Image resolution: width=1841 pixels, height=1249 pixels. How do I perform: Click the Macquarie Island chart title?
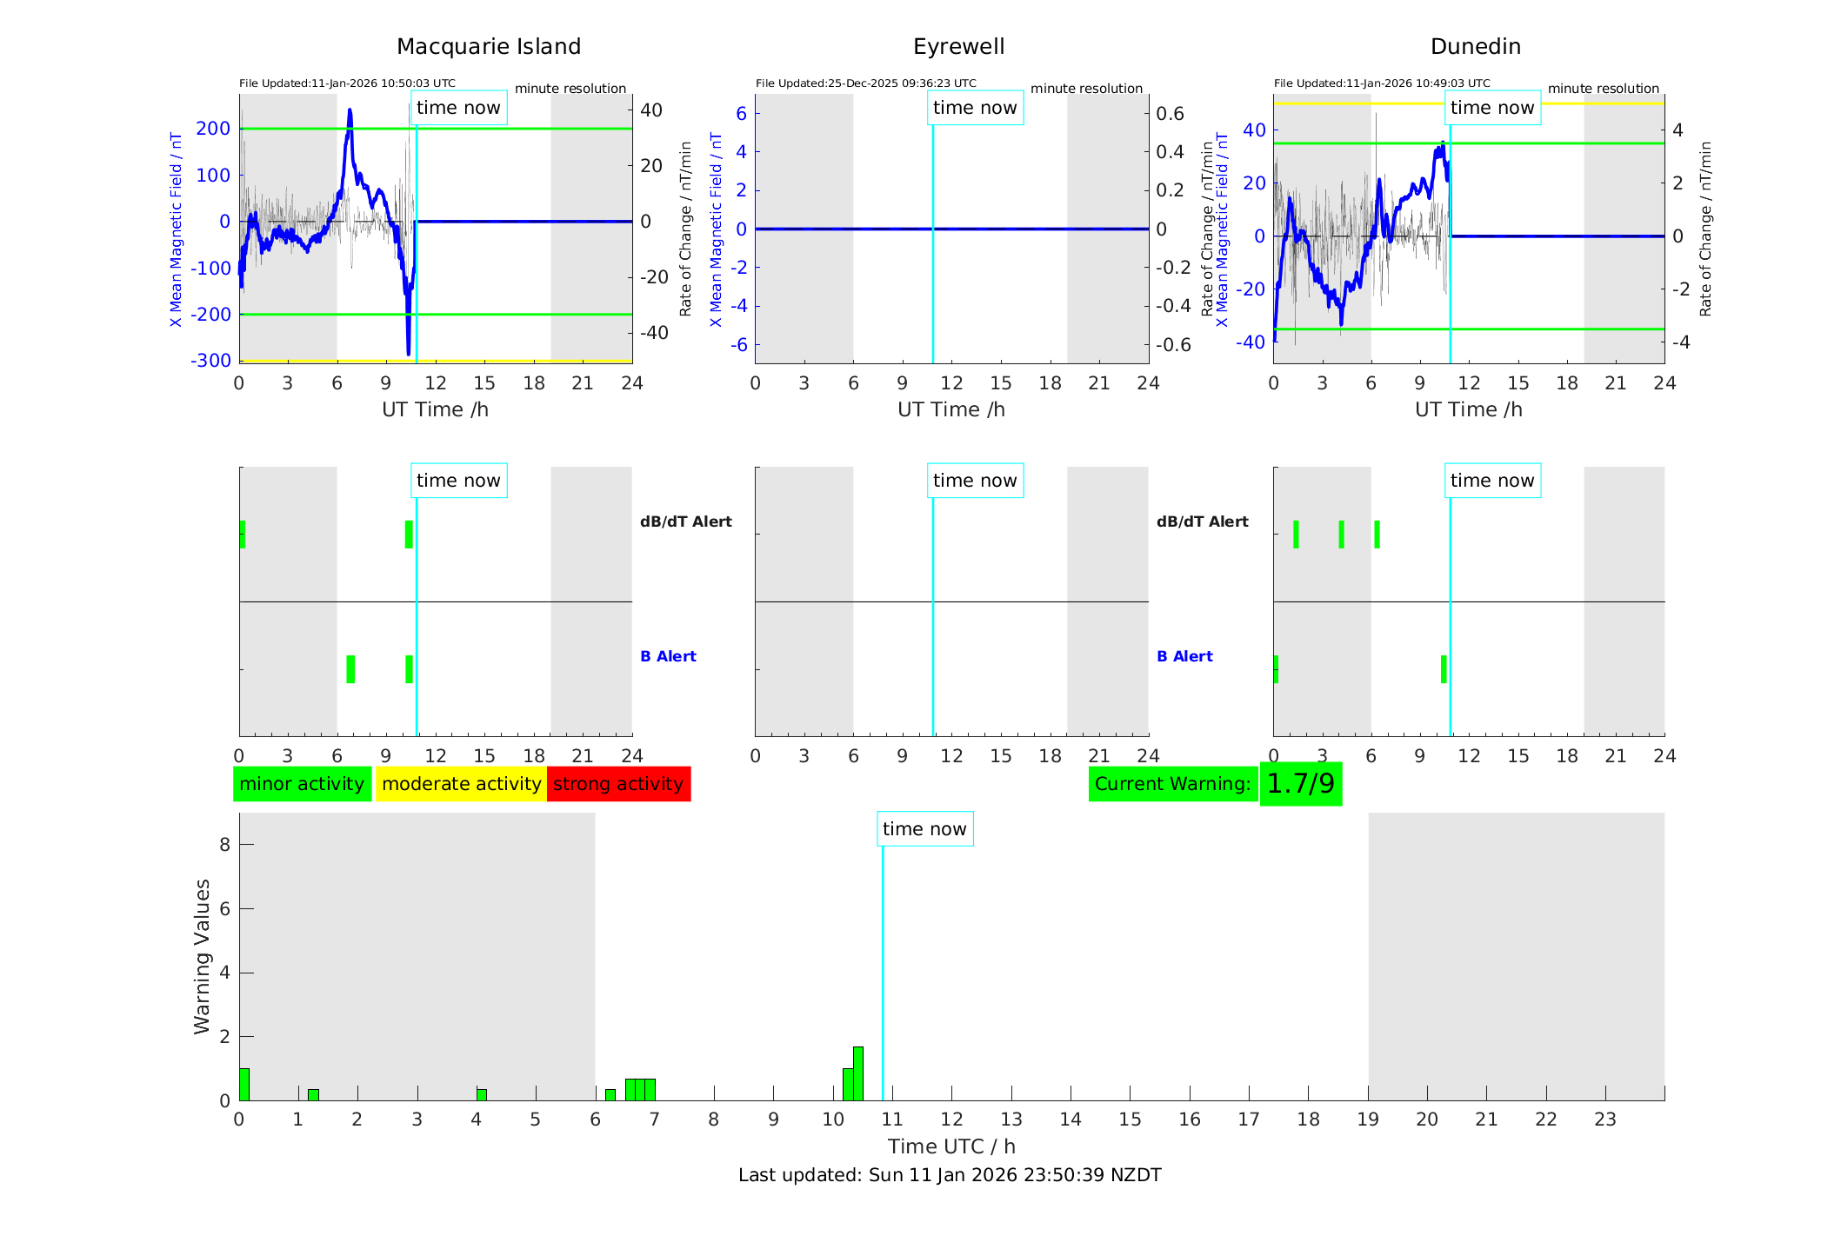[x=488, y=47]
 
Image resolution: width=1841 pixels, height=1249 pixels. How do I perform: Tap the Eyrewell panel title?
[x=958, y=47]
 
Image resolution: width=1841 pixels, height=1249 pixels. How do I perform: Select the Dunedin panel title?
[x=1475, y=47]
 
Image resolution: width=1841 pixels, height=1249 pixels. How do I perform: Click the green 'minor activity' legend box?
[x=302, y=784]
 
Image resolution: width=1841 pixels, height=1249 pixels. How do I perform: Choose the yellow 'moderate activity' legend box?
[x=461, y=784]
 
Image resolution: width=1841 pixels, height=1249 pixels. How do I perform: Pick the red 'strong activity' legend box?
[x=618, y=784]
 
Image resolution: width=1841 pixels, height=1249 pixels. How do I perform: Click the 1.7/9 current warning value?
[x=1300, y=784]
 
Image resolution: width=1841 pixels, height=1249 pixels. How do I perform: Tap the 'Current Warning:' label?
[x=1172, y=784]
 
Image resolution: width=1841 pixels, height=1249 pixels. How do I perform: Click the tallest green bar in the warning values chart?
[x=858, y=1074]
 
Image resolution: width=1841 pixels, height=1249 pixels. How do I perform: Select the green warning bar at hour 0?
[x=244, y=1085]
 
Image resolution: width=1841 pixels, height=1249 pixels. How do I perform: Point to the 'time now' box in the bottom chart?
[x=924, y=829]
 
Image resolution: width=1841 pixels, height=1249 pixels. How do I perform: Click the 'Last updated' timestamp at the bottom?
[x=950, y=1175]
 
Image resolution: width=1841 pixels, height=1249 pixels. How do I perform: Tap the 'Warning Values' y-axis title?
[x=202, y=956]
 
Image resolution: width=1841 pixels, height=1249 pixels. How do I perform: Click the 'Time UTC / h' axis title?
[x=951, y=1146]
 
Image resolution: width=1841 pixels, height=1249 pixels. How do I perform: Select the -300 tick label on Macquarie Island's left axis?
[x=211, y=360]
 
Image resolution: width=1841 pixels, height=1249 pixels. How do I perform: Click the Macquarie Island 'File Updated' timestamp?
[x=347, y=83]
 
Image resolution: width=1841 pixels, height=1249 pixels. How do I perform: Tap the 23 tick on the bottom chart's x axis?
[x=1604, y=1119]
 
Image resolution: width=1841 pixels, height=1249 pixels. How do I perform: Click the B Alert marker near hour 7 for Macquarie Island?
[x=350, y=669]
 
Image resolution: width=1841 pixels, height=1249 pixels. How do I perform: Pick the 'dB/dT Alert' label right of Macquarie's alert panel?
[x=685, y=522]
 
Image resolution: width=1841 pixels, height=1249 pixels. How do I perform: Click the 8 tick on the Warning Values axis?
[x=224, y=844]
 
